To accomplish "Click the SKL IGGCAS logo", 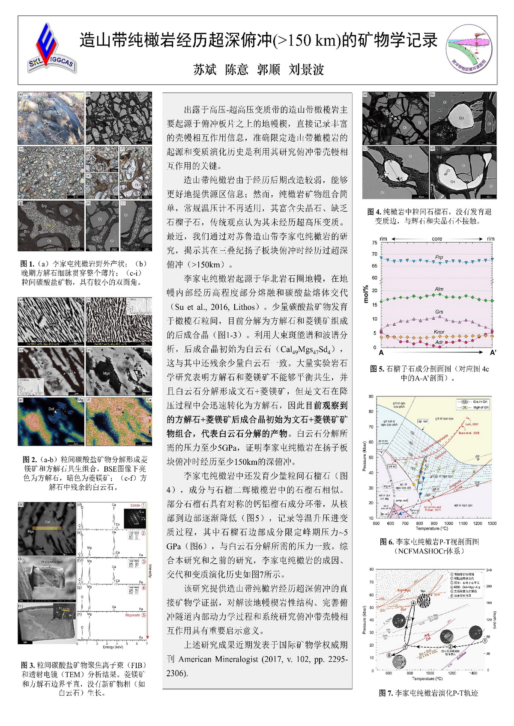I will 51,48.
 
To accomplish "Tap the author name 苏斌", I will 205,69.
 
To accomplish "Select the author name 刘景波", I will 306,69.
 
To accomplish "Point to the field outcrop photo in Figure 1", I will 51,118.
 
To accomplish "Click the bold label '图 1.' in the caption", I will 27,264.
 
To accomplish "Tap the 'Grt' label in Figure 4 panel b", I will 461,118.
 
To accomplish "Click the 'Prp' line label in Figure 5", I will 439,257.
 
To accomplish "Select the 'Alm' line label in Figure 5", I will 439,289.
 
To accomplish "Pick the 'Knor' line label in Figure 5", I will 439,332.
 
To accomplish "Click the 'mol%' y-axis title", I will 366,294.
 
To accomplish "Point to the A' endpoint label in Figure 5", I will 493,353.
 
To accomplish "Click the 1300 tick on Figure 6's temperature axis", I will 492,523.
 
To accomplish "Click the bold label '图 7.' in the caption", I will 386,693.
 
